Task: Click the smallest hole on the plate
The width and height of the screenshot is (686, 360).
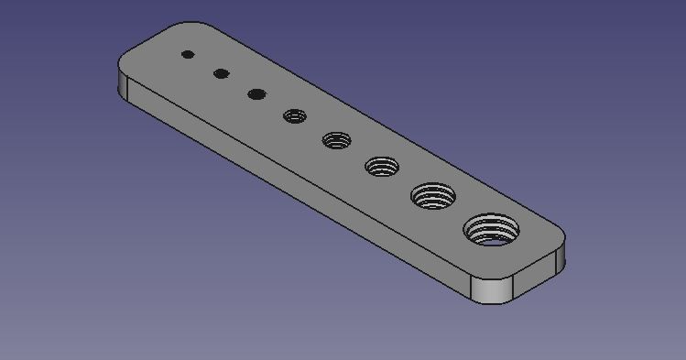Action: tap(188, 54)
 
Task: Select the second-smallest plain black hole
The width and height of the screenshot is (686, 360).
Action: tap(221, 73)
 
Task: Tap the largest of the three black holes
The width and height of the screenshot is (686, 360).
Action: tap(256, 93)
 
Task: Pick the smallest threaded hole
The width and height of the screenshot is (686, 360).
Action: tap(295, 115)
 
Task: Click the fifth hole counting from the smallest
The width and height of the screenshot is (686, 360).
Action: tap(336, 140)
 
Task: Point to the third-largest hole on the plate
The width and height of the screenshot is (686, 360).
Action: tap(382, 167)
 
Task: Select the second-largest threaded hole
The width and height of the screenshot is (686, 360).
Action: tap(433, 195)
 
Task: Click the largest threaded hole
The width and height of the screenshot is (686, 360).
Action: tap(492, 228)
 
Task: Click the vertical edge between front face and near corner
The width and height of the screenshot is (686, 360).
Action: tap(471, 289)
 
